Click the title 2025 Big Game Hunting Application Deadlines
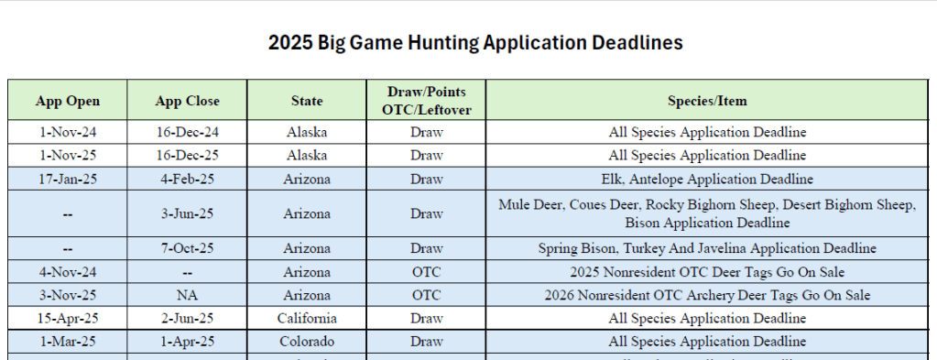(475, 43)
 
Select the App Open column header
(68, 101)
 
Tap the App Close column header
(187, 101)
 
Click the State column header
(307, 101)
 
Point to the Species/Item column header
(707, 101)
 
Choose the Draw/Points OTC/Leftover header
(426, 101)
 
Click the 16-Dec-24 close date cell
(187, 132)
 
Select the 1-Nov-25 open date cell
(68, 156)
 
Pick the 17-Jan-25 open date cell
(68, 179)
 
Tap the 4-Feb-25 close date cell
(187, 179)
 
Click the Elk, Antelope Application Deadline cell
(707, 179)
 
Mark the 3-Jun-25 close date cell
(187, 213)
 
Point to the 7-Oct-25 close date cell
(187, 248)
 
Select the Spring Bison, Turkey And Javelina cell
(707, 248)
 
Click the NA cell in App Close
(187, 295)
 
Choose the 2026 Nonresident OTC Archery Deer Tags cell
(707, 295)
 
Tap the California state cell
(307, 318)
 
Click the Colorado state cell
(307, 342)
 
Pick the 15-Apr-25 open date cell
(68, 318)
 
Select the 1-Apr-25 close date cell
(187, 342)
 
